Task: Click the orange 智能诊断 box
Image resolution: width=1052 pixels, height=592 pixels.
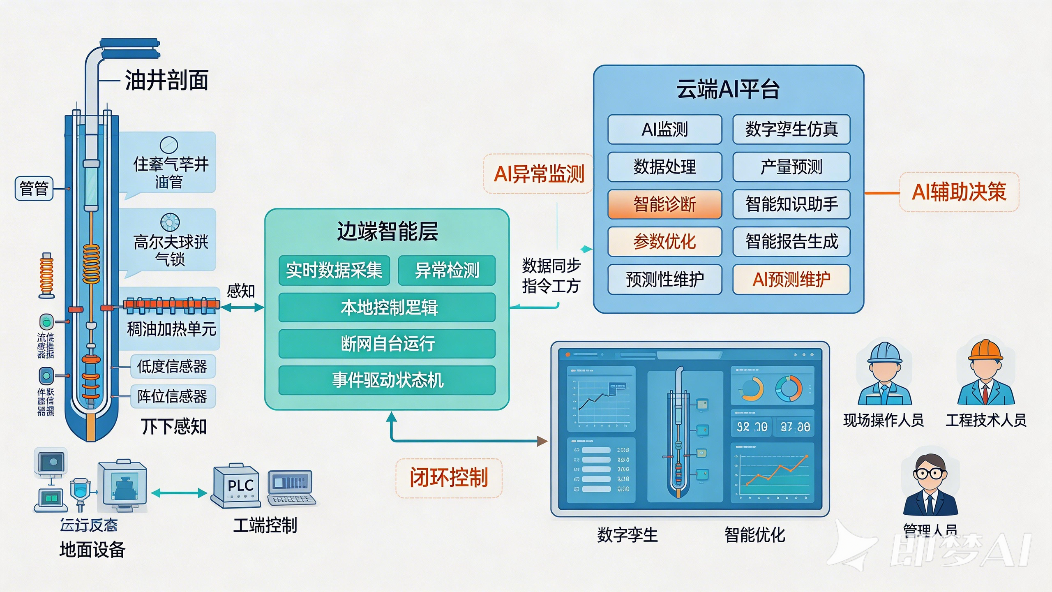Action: pos(664,204)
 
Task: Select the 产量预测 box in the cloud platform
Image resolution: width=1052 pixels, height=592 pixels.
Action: pos(791,167)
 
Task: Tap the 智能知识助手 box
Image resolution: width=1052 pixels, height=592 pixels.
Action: pos(791,204)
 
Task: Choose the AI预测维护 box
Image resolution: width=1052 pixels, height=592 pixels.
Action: pos(791,280)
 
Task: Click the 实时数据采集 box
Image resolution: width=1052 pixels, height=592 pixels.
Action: pos(334,271)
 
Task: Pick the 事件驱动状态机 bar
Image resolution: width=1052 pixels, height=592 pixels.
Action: pos(387,380)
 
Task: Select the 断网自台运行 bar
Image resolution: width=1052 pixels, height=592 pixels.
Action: pos(387,344)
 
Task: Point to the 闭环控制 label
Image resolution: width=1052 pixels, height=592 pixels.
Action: pos(449,478)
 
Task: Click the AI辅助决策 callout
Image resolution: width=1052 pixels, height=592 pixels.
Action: pos(959,192)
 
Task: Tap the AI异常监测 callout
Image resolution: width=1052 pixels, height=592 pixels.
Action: pos(538,174)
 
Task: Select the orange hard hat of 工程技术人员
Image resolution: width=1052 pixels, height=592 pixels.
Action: pos(985,350)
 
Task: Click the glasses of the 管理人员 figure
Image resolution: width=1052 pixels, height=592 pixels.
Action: pos(930,473)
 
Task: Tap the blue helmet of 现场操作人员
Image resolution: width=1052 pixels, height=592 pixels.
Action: pos(884,353)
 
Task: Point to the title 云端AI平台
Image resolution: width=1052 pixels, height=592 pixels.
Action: pos(728,89)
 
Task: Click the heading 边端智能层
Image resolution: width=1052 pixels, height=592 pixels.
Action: pos(387,231)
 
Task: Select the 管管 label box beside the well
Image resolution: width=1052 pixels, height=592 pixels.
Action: pos(34,189)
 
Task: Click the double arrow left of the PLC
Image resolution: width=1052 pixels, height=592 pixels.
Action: pos(179,493)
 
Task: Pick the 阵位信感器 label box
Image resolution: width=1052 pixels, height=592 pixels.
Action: pos(173,397)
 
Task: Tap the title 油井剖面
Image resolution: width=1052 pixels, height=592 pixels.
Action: pos(166,80)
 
